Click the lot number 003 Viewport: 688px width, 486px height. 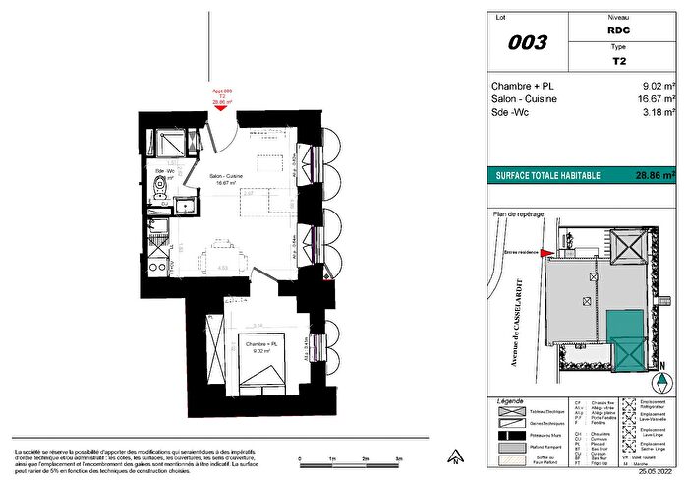pos(527,42)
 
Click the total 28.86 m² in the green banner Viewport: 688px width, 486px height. pos(655,176)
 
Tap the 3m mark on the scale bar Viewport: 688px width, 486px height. pos(397,459)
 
